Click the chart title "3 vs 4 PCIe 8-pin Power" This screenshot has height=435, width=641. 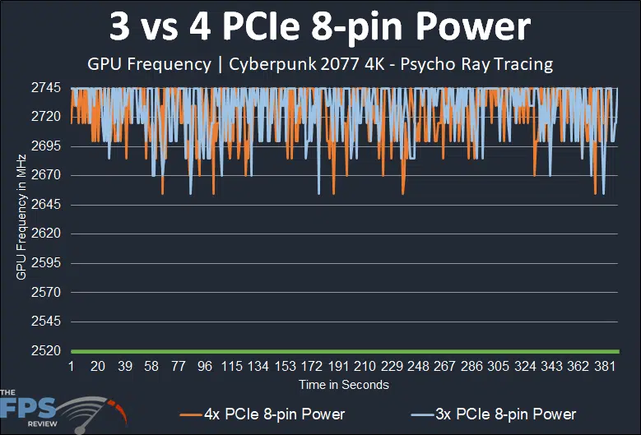pyautogui.click(x=320, y=28)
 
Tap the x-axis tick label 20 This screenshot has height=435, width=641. pyautogui.click(x=98, y=366)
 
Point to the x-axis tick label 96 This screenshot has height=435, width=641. pyautogui.click(x=205, y=366)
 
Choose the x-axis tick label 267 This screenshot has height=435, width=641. pyautogui.click(x=445, y=366)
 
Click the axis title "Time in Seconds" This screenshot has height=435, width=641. pyautogui.click(x=344, y=384)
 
